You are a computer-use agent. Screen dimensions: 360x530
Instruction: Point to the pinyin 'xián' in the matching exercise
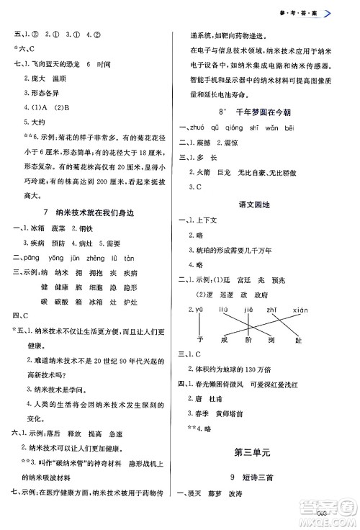point(302,310)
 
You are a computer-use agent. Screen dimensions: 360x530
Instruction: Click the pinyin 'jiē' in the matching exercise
point(249,310)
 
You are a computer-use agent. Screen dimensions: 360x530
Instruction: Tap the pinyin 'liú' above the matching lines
point(222,310)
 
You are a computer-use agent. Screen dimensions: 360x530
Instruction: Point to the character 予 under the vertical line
point(199,340)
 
